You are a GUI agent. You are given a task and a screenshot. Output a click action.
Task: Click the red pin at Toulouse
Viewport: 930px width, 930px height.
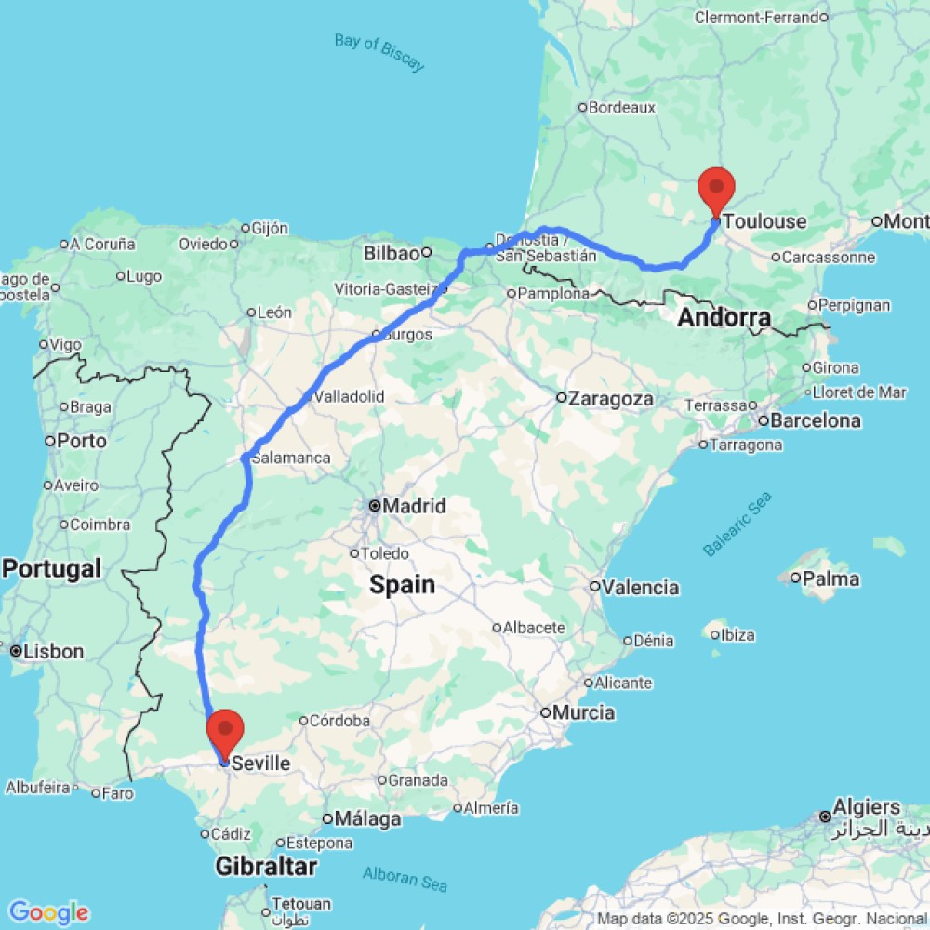point(716,191)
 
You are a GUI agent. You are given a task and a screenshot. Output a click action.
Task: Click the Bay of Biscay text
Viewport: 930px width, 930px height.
point(379,52)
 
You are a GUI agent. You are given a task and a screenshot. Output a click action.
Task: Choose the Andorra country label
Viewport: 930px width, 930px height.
point(724,318)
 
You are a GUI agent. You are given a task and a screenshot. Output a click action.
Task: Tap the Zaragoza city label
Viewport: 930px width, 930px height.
point(611,399)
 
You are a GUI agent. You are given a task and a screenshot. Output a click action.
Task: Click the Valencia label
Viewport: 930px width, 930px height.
point(640,588)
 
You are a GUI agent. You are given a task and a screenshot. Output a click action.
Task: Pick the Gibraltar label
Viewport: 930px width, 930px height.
point(266,867)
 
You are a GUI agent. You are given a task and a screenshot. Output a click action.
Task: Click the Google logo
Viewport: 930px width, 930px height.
point(47,912)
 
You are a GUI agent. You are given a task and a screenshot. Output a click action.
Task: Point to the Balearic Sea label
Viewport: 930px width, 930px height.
point(737,525)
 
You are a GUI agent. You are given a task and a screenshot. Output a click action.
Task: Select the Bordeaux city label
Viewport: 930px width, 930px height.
point(622,108)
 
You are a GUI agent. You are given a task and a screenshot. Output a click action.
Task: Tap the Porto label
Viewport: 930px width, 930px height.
point(82,441)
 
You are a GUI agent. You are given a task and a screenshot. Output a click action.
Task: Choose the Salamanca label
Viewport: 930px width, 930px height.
point(290,458)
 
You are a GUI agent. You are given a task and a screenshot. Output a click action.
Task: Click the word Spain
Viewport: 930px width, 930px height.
point(402,585)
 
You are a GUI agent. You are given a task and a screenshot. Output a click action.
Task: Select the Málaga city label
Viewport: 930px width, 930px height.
point(369,819)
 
